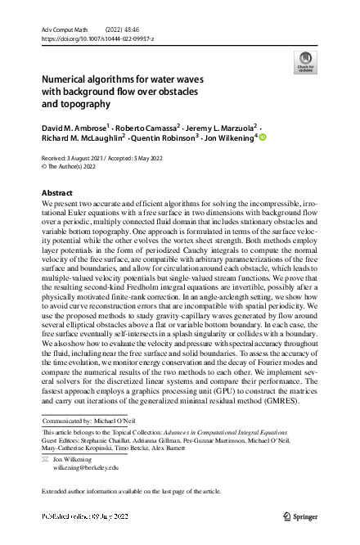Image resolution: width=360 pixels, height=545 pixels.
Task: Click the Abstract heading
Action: (56, 192)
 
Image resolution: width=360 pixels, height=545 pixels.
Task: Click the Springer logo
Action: (300, 516)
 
